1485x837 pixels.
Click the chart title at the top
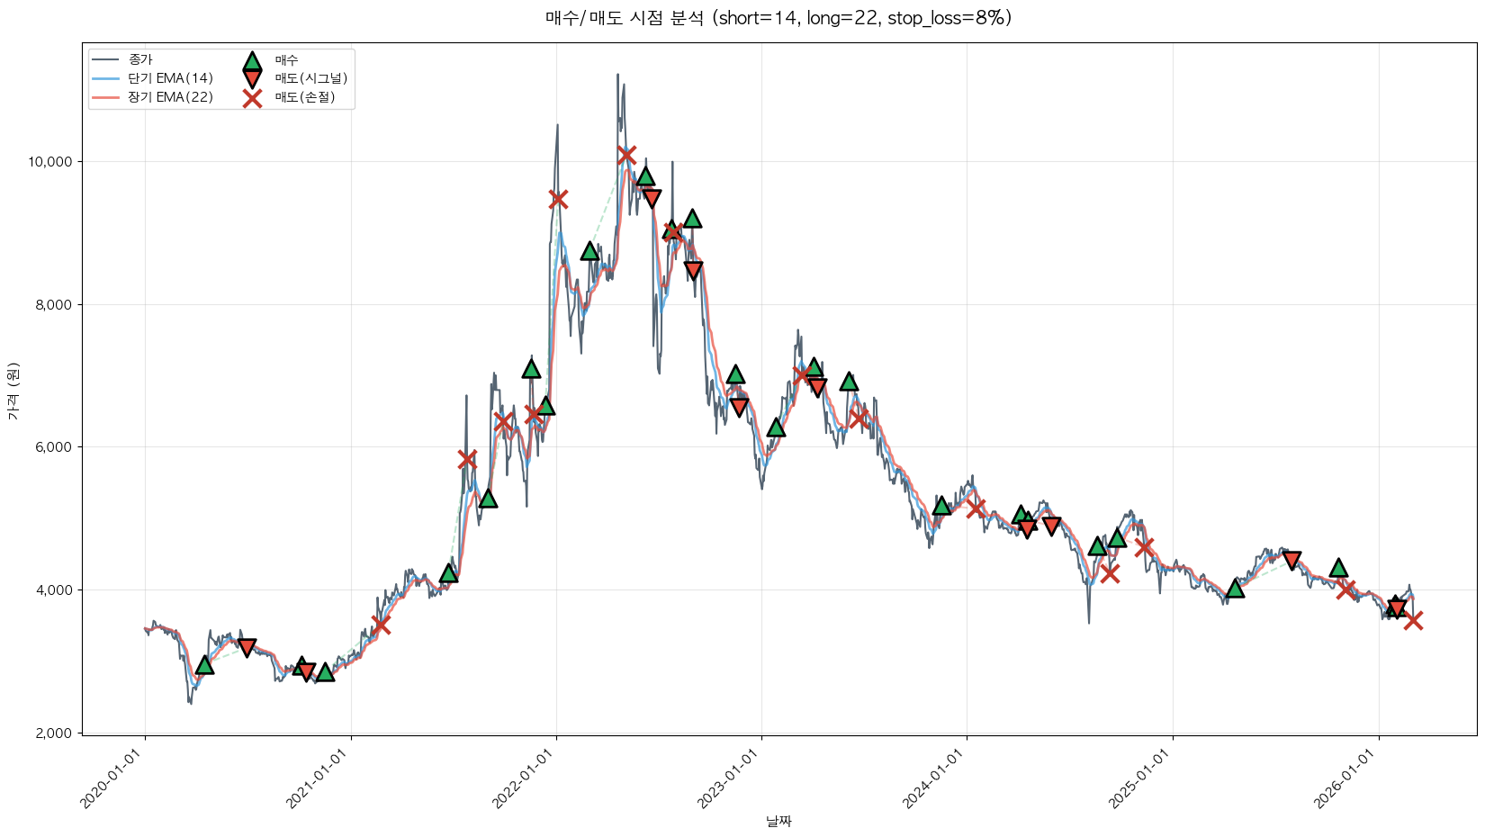tap(778, 18)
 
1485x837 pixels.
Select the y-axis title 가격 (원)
tap(13, 391)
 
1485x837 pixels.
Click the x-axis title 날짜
tap(778, 821)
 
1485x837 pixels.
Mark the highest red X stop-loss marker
tap(626, 155)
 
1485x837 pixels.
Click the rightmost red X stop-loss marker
tap(1413, 619)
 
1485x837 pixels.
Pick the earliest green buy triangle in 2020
tap(204, 664)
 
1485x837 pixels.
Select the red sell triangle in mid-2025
tap(1291, 560)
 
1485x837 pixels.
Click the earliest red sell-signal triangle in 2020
tap(247, 647)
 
